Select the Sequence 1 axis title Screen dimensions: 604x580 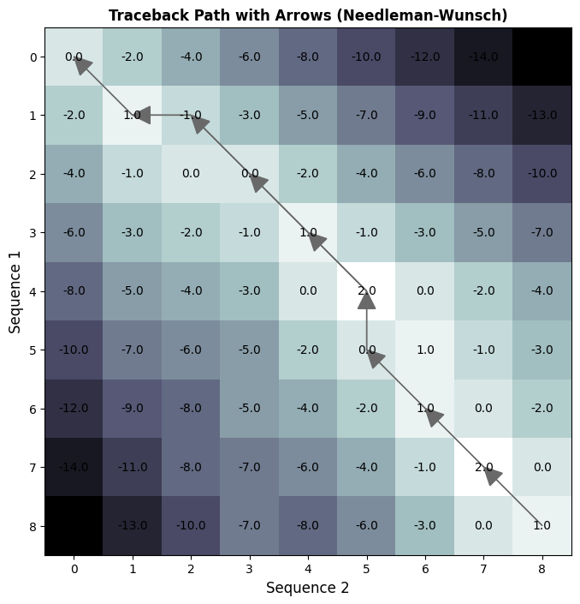15,291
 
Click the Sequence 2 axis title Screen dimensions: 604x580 307,588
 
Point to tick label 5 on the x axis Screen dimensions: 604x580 366,567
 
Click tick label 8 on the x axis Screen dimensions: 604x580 542,567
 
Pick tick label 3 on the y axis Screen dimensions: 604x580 33,233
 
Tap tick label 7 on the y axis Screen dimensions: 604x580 33,468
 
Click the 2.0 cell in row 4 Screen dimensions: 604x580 366,291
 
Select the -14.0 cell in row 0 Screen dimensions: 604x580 483,57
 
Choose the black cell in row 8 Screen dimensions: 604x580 74,526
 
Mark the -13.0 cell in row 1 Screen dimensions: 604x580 542,115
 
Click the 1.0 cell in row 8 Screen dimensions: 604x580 542,526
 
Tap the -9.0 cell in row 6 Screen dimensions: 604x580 133,409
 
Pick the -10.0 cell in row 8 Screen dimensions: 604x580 191,526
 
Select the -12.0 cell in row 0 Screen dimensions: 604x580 425,57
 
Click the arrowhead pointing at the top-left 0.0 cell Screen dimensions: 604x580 81,64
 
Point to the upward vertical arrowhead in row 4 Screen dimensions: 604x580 366,299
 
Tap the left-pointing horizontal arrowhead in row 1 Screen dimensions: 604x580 142,115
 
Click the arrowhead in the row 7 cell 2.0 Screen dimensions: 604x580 492,475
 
